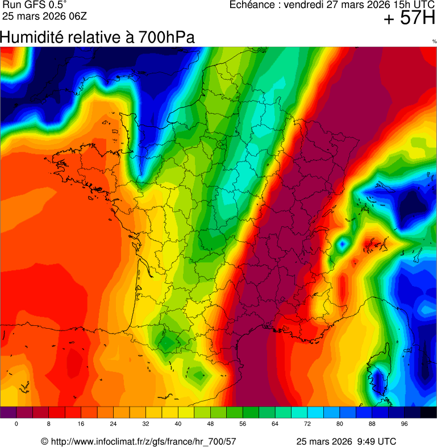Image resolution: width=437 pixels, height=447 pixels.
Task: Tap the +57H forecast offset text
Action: pos(409,19)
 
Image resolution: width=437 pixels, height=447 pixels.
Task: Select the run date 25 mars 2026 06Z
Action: pos(44,16)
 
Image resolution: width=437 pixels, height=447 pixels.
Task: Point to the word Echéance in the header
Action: pos(253,5)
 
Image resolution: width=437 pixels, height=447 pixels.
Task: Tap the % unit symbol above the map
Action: pos(434,42)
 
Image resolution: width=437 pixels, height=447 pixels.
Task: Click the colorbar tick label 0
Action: pos(16,424)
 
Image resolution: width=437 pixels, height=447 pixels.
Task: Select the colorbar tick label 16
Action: pos(81,424)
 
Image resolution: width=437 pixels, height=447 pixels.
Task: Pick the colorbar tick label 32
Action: pos(146,424)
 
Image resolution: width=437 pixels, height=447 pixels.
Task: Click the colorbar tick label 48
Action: pos(211,424)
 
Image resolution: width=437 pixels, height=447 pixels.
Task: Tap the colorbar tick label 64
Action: pos(275,424)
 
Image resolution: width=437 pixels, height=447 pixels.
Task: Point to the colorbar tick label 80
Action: pos(340,424)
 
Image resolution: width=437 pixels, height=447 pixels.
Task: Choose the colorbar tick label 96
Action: pos(405,424)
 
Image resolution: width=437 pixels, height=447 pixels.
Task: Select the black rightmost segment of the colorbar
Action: pos(428,412)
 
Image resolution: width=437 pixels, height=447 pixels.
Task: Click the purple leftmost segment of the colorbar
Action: pos(9,412)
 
